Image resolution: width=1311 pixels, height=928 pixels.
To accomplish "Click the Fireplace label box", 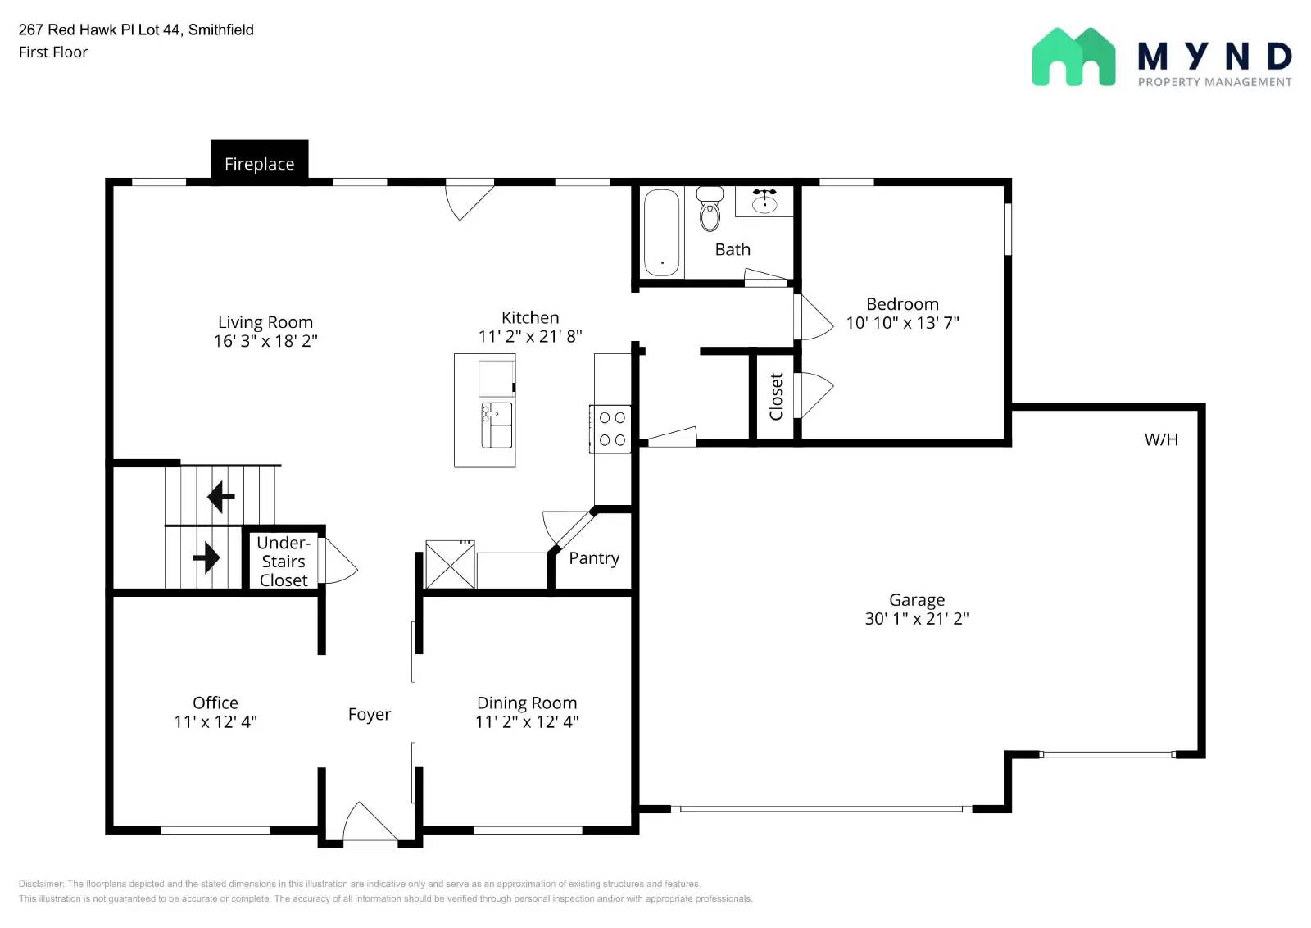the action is tap(259, 162).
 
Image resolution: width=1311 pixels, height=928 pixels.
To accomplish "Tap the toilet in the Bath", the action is tap(710, 208).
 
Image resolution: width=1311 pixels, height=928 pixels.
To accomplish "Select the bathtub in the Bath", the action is tap(661, 232).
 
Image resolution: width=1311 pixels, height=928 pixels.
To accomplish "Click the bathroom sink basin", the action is tap(764, 202).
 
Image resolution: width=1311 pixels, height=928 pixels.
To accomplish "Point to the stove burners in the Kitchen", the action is tap(611, 429).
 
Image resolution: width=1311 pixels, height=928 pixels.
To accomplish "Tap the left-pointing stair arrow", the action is tap(221, 497).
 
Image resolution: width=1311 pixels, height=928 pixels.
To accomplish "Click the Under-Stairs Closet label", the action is tap(284, 561).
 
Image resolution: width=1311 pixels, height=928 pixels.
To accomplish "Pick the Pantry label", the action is tap(594, 558).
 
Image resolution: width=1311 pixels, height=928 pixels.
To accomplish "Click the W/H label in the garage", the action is tap(1161, 439).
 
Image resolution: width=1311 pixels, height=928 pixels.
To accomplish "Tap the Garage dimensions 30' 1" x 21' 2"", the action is tap(917, 618).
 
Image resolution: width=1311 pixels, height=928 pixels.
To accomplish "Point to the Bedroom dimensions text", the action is tap(902, 323).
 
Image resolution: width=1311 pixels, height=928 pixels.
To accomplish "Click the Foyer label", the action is tap(370, 714).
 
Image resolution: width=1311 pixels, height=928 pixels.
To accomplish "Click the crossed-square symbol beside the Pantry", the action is tap(450, 565).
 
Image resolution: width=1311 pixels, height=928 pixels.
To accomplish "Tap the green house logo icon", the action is tap(1073, 57).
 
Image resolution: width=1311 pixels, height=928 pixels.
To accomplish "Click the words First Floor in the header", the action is tap(53, 52).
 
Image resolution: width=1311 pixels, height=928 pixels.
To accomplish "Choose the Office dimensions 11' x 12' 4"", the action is tap(215, 721).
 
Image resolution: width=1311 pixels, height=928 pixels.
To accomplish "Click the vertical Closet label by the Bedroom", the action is tap(776, 397).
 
